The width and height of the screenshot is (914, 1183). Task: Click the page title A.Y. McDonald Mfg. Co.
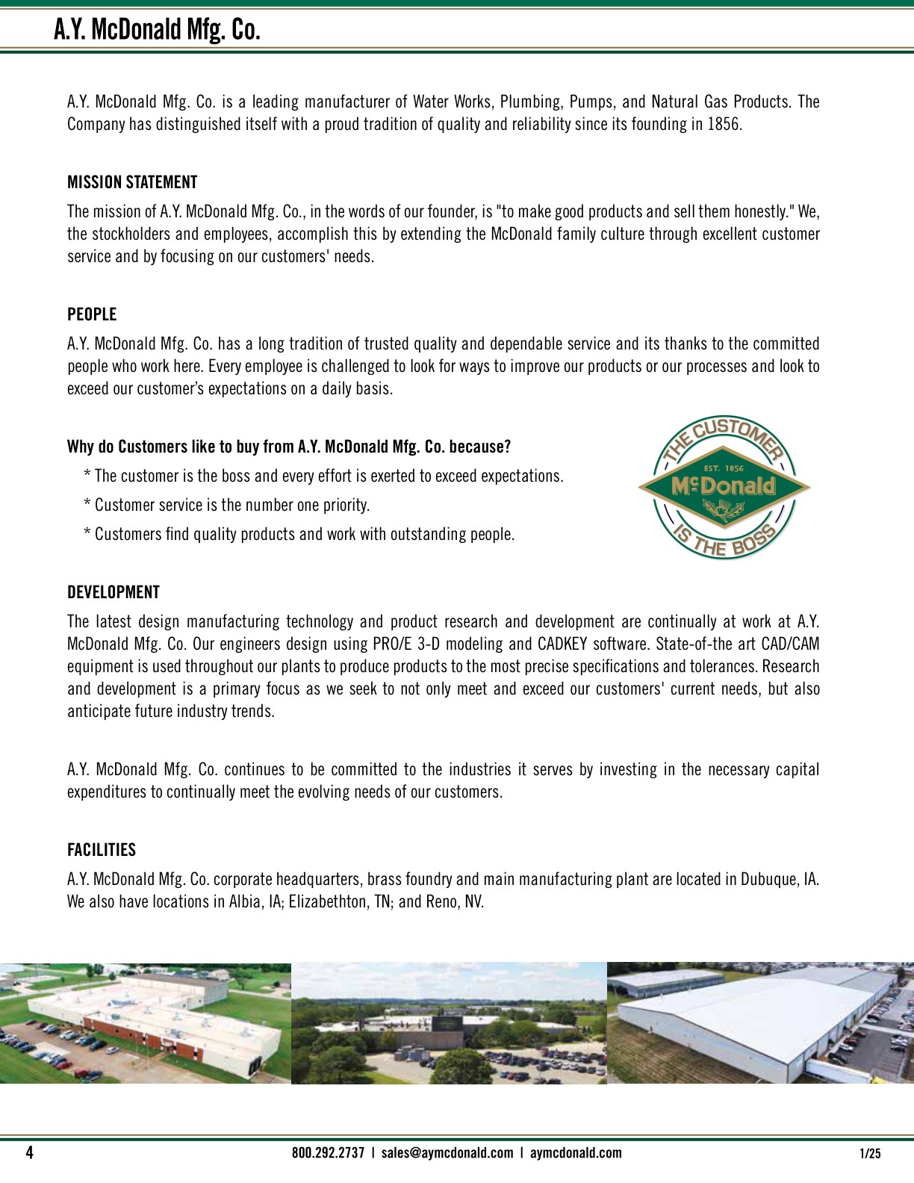point(157,30)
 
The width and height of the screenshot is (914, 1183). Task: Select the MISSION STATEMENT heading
point(132,182)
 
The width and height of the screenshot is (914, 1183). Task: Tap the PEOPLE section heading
point(92,314)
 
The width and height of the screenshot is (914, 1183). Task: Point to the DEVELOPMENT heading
point(114,592)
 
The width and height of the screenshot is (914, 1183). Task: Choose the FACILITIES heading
point(102,850)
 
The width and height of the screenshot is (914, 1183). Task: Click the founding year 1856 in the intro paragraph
point(724,124)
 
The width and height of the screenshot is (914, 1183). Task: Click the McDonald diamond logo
point(724,488)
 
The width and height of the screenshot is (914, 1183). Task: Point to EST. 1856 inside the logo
point(724,468)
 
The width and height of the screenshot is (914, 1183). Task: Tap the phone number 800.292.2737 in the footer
point(328,1152)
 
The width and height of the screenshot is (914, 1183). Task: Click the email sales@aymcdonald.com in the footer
point(447,1152)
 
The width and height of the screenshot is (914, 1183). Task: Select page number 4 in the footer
point(30,1152)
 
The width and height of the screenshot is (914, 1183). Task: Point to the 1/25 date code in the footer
point(871,1153)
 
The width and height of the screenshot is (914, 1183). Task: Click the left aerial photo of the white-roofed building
point(146,1023)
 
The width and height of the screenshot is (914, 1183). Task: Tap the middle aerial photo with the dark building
point(449,1023)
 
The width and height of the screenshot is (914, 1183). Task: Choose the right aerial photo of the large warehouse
point(760,1023)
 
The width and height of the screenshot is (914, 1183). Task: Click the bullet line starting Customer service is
point(231,505)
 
